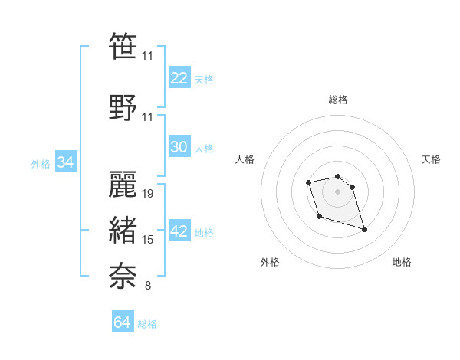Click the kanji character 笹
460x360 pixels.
click(x=123, y=46)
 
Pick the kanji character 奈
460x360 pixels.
click(x=123, y=275)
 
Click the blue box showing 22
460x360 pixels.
click(x=179, y=78)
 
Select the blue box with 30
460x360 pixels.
click(x=179, y=147)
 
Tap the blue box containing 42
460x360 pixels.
click(x=179, y=232)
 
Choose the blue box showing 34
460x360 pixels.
click(x=65, y=162)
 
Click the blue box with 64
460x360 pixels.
click(x=123, y=322)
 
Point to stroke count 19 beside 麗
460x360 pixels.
click(x=149, y=193)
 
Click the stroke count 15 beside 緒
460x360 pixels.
click(x=149, y=240)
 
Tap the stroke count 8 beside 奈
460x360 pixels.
click(x=147, y=286)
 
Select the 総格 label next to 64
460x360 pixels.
click(x=148, y=324)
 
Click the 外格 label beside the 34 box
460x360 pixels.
click(x=41, y=163)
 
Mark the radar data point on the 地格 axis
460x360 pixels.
click(x=364, y=229)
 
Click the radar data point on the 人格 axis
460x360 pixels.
click(x=308, y=182)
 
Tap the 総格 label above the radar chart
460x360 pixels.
click(x=337, y=100)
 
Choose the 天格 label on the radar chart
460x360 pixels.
click(x=431, y=159)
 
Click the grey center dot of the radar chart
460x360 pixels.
click(x=337, y=191)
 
